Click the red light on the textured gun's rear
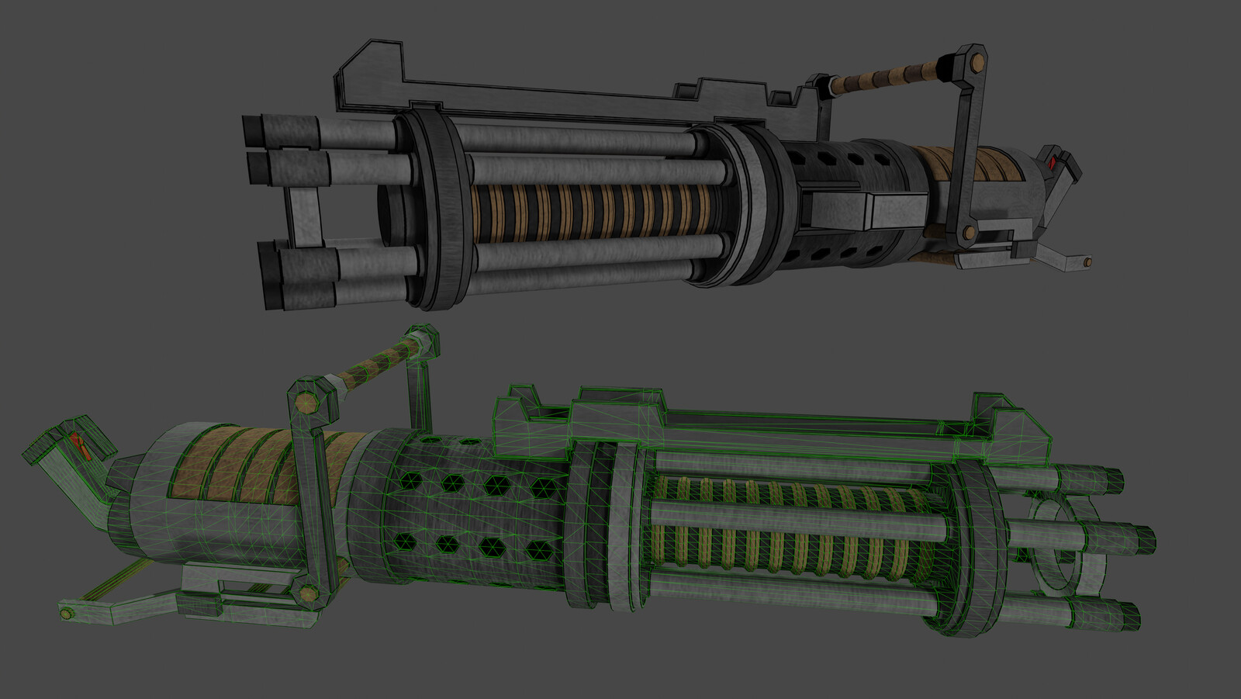pos(1052,163)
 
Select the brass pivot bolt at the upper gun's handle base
pos(968,233)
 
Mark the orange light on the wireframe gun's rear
pos(78,444)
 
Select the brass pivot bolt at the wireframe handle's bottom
pos(309,595)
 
